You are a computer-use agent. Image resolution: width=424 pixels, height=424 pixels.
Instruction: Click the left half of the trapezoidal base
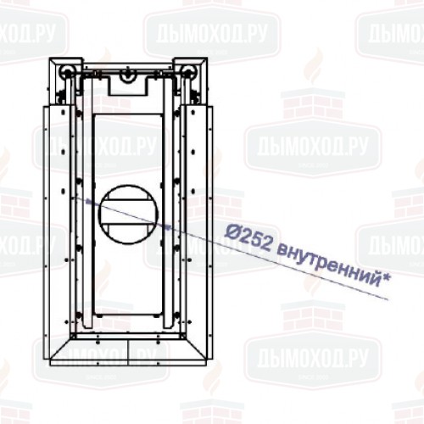pyautogui.click(x=89, y=349)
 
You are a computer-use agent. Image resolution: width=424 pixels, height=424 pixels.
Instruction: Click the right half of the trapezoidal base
pyautogui.click(x=166, y=349)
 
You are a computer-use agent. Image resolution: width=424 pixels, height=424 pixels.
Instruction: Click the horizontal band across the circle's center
pyautogui.click(x=127, y=214)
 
